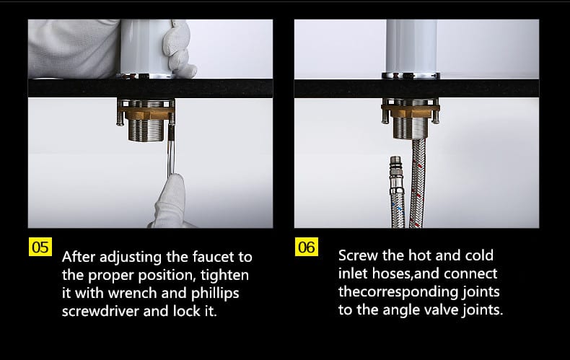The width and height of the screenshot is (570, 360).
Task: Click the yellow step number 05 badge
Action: click(40, 247)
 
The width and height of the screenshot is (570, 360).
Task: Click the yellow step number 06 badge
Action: click(307, 247)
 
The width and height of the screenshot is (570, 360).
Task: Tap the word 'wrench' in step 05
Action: click(132, 293)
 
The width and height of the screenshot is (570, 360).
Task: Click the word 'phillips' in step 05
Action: click(215, 294)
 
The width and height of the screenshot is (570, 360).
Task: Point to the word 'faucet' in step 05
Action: click(214, 257)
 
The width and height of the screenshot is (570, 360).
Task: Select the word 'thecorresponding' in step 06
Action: click(398, 292)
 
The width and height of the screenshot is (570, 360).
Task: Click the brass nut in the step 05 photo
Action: click(147, 113)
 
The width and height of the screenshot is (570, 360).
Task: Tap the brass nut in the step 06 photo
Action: click(411, 111)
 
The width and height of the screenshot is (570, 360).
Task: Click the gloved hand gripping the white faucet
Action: click(179, 48)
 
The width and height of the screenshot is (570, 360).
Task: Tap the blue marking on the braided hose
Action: click(400, 209)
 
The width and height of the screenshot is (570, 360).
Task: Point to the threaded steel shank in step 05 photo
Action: click(147, 130)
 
